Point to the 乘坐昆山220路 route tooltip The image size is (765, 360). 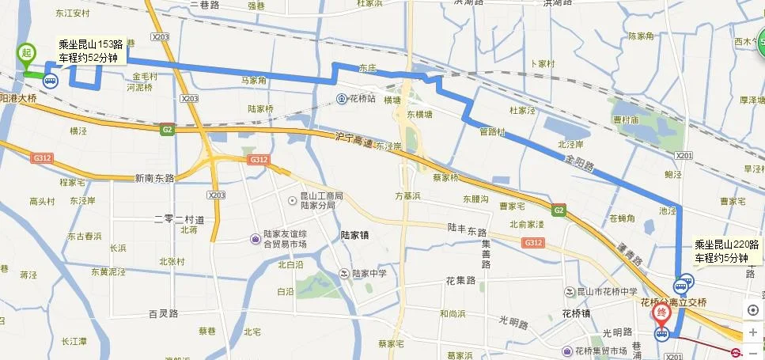(x=726, y=252)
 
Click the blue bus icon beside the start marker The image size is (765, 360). (x=51, y=80)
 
